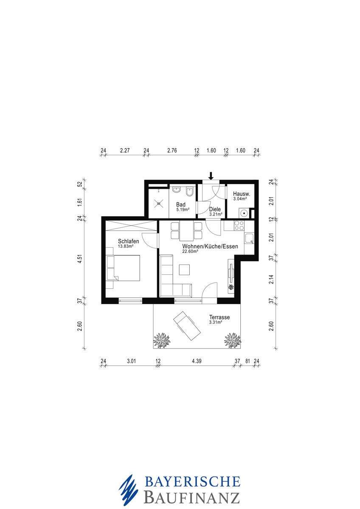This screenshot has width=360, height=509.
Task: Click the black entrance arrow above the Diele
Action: pos(211,176)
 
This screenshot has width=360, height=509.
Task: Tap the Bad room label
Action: pos(180,204)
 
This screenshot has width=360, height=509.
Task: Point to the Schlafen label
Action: pos(129,241)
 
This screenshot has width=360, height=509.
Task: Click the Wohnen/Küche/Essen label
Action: pos(211,246)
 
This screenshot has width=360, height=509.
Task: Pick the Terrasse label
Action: pos(219,317)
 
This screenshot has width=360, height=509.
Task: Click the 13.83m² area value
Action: pos(126,246)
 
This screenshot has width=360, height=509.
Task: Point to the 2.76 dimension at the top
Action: pos(172,151)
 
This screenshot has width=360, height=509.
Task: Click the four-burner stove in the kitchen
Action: pos(239,226)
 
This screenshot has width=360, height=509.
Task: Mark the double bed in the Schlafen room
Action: pos(123,268)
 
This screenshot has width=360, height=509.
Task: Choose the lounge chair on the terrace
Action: pos(187,325)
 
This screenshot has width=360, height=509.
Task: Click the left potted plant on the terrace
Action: pos(162,339)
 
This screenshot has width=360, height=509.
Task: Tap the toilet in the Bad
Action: pos(189,192)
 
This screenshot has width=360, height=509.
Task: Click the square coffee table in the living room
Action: pos(184,270)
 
